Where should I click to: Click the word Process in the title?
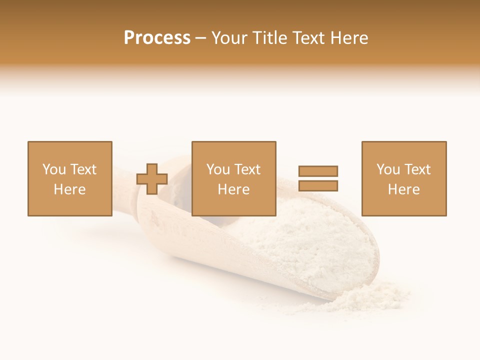(x=157, y=38)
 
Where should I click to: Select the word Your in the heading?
(x=229, y=38)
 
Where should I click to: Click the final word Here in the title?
(x=349, y=38)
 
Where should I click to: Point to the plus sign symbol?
(x=152, y=179)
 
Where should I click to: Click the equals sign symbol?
(x=318, y=178)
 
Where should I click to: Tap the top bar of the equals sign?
(x=318, y=171)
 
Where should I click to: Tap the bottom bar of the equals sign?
(x=318, y=185)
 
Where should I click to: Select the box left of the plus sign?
(x=69, y=178)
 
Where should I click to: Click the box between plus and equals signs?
(x=233, y=178)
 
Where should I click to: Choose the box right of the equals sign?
(x=403, y=178)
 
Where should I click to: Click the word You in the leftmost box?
(x=53, y=169)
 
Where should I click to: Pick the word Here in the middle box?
(x=233, y=189)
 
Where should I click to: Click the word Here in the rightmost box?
(x=403, y=189)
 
